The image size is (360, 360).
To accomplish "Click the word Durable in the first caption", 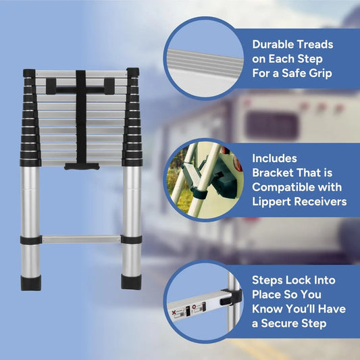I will [276, 45].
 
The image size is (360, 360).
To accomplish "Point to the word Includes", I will [275, 158].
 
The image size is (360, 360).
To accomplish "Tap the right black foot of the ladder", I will [132, 280].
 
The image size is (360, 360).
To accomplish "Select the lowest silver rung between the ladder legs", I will [81, 238].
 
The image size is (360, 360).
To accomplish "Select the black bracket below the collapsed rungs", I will [81, 165].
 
